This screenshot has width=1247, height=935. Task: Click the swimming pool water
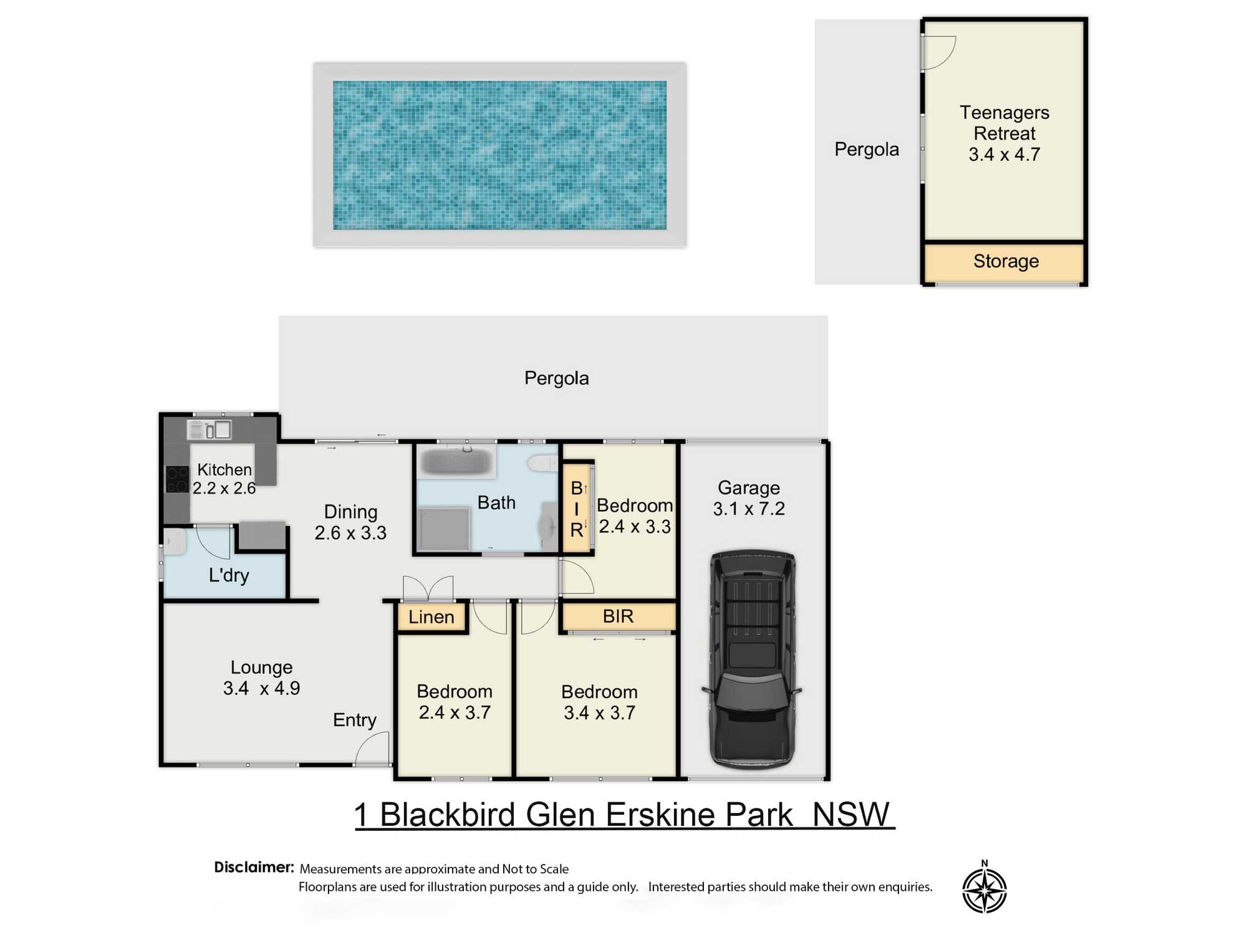point(499,155)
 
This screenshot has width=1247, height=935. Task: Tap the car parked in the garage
point(753,659)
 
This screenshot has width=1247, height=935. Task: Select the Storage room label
point(1006,261)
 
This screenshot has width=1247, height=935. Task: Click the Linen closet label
point(431,617)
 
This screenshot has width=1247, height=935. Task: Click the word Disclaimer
point(254,867)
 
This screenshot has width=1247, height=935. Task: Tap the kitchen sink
point(209,429)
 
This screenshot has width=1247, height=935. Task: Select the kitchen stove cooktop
point(177,479)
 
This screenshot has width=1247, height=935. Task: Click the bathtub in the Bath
point(456,462)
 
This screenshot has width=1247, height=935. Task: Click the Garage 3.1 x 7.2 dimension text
point(749,509)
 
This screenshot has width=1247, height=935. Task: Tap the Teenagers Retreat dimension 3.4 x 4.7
point(1004,155)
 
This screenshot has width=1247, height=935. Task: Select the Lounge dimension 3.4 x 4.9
point(261,688)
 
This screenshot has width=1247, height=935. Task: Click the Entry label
point(354,721)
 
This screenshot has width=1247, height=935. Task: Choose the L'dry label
point(229,575)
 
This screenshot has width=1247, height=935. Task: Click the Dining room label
point(350,512)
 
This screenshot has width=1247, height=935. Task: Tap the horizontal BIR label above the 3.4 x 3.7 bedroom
point(618,616)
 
